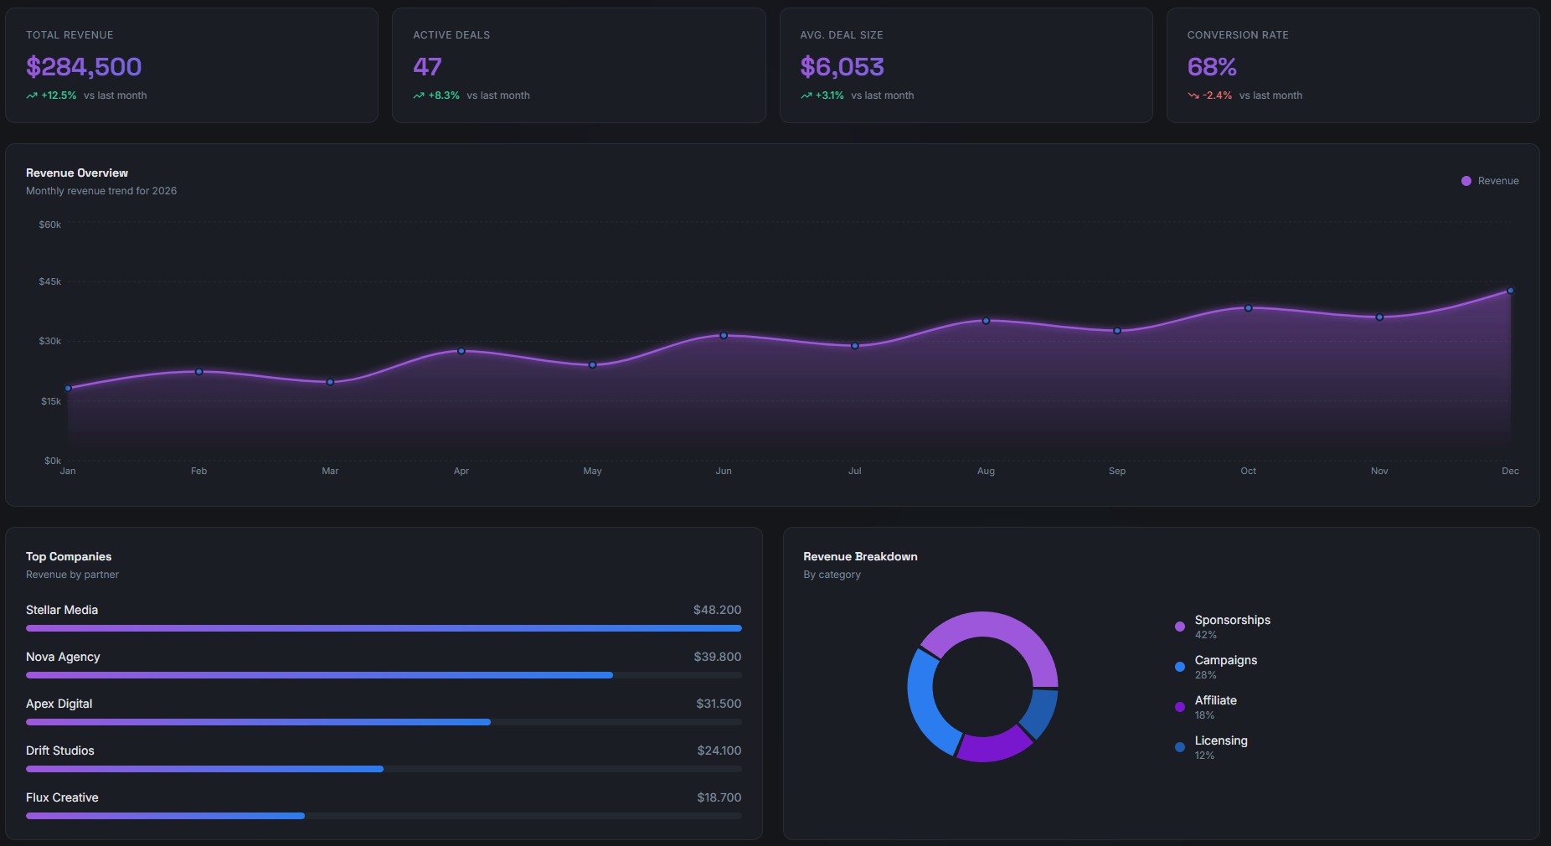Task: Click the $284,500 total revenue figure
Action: (84, 67)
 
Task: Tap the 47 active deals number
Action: (427, 67)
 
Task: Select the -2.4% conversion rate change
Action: (1217, 95)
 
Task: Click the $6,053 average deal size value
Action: (842, 67)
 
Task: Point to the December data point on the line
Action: (1510, 291)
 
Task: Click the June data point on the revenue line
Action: (724, 335)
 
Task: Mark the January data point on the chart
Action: (68, 388)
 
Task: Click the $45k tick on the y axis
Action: (50, 281)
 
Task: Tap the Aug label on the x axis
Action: (986, 471)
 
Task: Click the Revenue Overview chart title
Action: (77, 173)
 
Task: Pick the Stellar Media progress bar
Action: (384, 628)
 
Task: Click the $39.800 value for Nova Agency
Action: (717, 657)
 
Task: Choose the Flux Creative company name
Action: (62, 797)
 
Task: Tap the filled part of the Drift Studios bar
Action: (204, 769)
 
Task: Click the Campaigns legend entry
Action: (1225, 660)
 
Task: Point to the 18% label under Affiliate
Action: (1204, 715)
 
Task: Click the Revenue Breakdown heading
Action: (860, 556)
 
